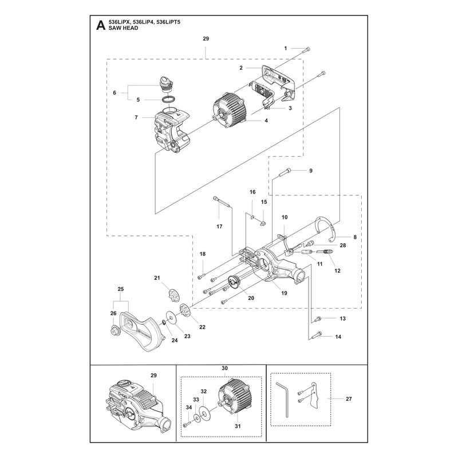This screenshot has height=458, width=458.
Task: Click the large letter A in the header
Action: click(x=101, y=25)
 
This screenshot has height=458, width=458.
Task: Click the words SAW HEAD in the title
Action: click(x=123, y=28)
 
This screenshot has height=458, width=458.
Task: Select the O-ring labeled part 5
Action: click(x=169, y=100)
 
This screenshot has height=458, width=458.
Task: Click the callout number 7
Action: click(x=136, y=117)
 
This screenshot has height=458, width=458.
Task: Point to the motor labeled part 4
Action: click(x=230, y=110)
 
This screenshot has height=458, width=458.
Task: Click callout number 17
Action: click(x=219, y=226)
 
